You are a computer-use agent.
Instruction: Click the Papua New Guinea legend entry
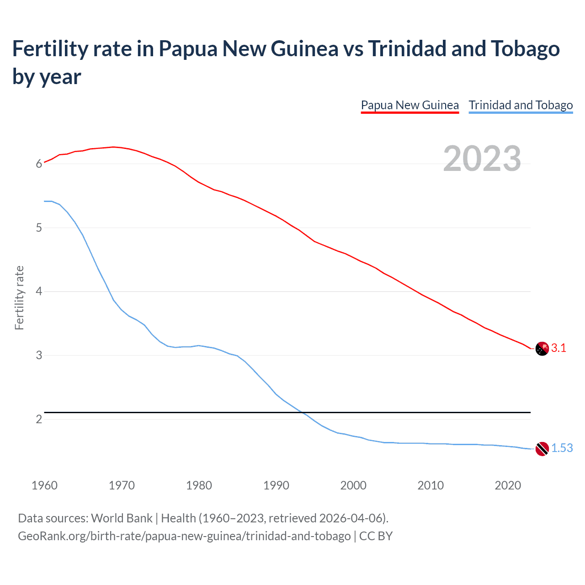click(x=409, y=105)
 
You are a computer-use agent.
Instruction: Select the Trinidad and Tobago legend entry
click(x=521, y=105)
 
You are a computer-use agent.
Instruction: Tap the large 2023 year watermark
click(x=482, y=159)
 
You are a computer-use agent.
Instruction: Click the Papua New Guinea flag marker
click(x=542, y=348)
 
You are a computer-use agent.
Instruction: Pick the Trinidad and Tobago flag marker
click(x=542, y=449)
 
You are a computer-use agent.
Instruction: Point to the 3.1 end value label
click(x=558, y=348)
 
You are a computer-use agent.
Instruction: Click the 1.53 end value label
click(x=562, y=448)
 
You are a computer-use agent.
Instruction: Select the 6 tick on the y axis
click(x=39, y=164)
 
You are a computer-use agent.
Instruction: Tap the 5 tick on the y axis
click(x=39, y=228)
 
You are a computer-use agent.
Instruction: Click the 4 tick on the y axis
click(x=39, y=291)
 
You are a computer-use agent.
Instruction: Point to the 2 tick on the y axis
click(x=39, y=419)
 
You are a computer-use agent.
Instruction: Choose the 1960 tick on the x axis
click(x=44, y=485)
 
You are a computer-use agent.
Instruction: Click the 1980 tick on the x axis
click(x=199, y=485)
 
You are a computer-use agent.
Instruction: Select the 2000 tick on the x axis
click(x=353, y=485)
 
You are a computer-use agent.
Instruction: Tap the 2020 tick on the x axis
click(x=508, y=485)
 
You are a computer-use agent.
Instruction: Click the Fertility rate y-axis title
click(x=19, y=298)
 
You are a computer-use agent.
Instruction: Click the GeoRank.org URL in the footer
click(x=184, y=536)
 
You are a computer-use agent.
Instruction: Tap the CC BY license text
click(x=376, y=536)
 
